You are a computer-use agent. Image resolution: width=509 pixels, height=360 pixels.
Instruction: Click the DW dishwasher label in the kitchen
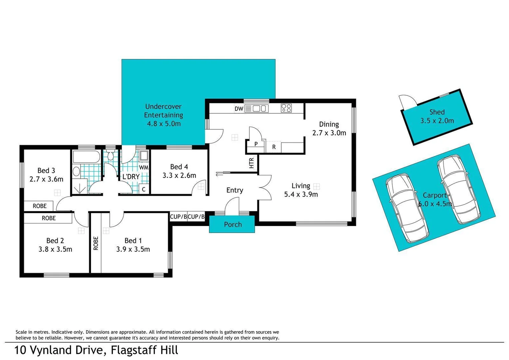[x=239, y=109]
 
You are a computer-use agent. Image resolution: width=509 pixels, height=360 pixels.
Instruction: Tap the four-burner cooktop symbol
[x=286, y=108]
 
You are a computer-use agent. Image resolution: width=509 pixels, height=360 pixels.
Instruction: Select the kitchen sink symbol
[x=260, y=108]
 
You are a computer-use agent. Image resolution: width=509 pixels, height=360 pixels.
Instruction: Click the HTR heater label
[x=252, y=163]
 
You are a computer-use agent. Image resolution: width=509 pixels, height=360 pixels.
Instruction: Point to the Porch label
[x=233, y=224]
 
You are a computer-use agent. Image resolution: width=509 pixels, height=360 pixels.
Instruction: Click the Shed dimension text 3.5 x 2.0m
[x=437, y=121]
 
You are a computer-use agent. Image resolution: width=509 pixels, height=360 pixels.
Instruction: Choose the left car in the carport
[x=407, y=208]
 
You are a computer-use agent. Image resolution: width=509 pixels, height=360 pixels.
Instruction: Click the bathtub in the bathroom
[x=86, y=157]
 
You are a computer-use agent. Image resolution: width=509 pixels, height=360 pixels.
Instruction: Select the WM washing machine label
[x=144, y=167]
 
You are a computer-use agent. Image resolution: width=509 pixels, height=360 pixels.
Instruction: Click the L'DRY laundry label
[x=131, y=177]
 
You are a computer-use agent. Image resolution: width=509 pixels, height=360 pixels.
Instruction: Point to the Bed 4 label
[x=179, y=167]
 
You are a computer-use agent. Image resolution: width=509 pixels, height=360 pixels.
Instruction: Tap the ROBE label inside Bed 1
[x=96, y=243]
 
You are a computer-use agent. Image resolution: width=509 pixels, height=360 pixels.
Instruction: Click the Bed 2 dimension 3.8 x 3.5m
[x=55, y=249]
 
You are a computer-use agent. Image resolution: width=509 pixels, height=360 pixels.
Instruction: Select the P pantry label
[x=256, y=144]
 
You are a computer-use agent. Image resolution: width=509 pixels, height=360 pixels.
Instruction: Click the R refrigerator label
[x=274, y=147]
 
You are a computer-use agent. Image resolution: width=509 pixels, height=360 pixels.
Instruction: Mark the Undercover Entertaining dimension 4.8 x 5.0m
[x=164, y=124]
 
